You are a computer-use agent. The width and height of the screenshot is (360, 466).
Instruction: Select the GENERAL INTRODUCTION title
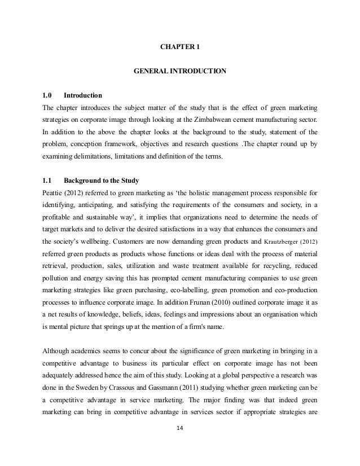[179, 72]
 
